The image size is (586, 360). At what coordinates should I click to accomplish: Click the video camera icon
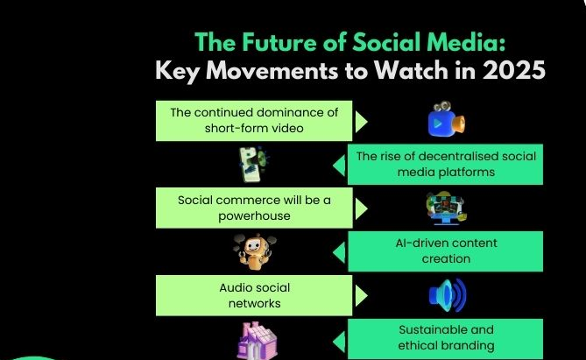tap(446, 121)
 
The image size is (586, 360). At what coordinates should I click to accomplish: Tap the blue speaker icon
tap(447, 295)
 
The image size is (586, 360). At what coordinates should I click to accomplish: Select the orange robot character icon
tap(252, 252)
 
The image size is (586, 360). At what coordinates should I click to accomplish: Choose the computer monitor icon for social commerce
tap(445, 208)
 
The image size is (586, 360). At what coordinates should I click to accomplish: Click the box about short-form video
tap(254, 121)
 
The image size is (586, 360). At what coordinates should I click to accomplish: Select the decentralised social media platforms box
tap(445, 164)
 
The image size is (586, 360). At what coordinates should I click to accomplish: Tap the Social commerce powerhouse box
tap(254, 208)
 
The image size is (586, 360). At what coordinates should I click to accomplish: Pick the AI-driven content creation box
tap(445, 251)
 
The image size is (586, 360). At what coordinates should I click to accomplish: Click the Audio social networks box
tap(254, 295)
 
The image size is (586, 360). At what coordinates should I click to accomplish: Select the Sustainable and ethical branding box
tap(445, 338)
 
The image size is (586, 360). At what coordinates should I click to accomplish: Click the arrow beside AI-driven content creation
tap(339, 251)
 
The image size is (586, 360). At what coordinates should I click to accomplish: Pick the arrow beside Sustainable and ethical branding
tap(339, 338)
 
